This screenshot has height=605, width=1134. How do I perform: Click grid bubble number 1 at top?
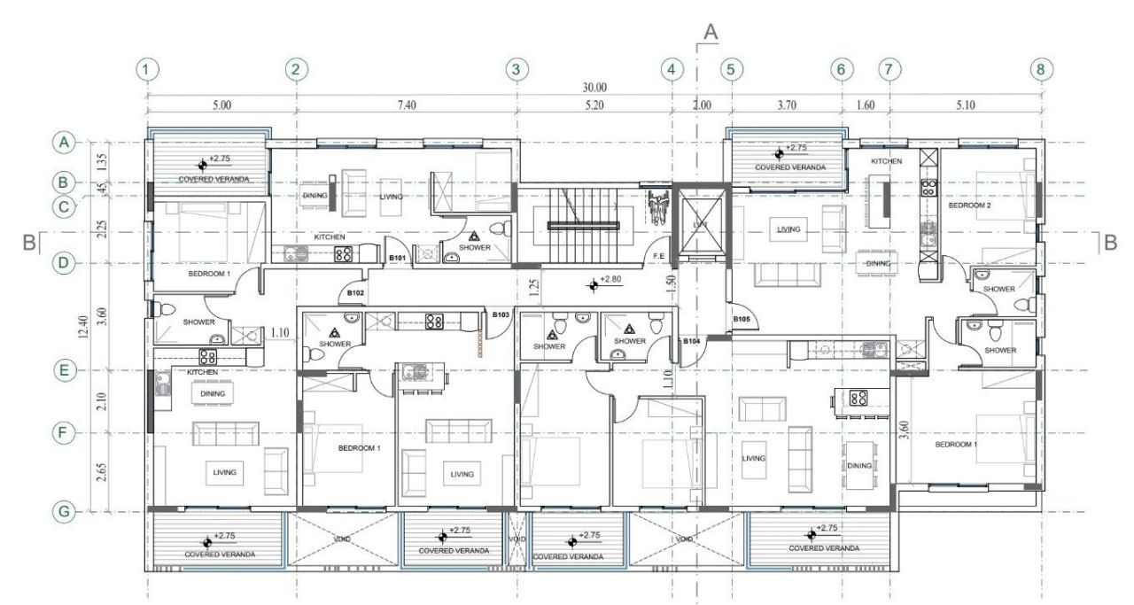pyautogui.click(x=148, y=69)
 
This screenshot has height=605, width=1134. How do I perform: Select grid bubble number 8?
pyautogui.click(x=1042, y=69)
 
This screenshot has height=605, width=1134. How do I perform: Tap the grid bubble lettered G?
pyautogui.click(x=63, y=511)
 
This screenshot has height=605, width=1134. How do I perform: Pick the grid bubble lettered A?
pyautogui.click(x=63, y=142)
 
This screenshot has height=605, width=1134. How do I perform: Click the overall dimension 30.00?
pyautogui.click(x=594, y=88)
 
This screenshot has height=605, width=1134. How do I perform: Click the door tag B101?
pyautogui.click(x=398, y=259)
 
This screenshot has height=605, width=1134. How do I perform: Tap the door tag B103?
pyautogui.click(x=501, y=314)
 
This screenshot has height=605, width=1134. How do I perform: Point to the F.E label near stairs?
pyautogui.click(x=658, y=257)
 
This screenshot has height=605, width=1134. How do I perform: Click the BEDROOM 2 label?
pyautogui.click(x=969, y=205)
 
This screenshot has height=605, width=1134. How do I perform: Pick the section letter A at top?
pyautogui.click(x=710, y=32)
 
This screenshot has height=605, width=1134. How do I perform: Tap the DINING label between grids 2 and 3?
pyautogui.click(x=315, y=196)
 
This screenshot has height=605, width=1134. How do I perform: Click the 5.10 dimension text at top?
pyautogui.click(x=965, y=105)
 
